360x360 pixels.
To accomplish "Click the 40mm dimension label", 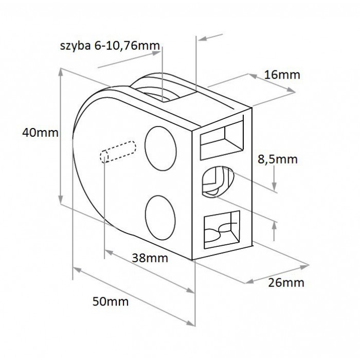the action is (41, 133).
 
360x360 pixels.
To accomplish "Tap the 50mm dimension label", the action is (111, 301).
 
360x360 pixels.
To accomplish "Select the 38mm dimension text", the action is (150, 258).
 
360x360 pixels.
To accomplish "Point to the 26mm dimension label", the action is (286, 283).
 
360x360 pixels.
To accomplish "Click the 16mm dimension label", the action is (282, 75).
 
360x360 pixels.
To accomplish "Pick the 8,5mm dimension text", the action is (278, 159).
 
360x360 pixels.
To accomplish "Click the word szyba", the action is (75, 46).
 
